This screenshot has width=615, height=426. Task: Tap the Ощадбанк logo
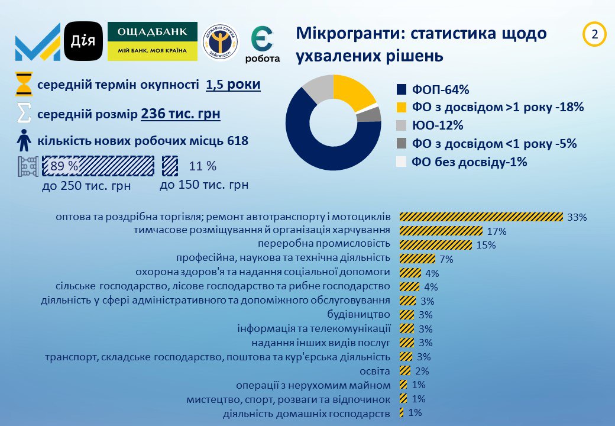click(153, 41)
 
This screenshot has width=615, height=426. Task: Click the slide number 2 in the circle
click(594, 35)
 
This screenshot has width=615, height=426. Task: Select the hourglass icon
click(24, 85)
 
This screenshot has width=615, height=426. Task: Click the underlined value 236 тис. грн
click(180, 113)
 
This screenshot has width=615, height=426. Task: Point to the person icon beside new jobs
click(24, 141)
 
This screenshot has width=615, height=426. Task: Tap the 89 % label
click(64, 166)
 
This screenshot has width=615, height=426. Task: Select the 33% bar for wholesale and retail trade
click(481, 217)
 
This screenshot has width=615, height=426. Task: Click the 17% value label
click(497, 231)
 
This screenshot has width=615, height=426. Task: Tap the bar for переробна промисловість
click(436, 245)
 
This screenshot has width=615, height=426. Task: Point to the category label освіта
click(375, 371)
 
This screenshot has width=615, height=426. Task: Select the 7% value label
click(446, 259)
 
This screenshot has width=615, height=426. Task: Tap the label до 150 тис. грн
click(204, 185)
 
